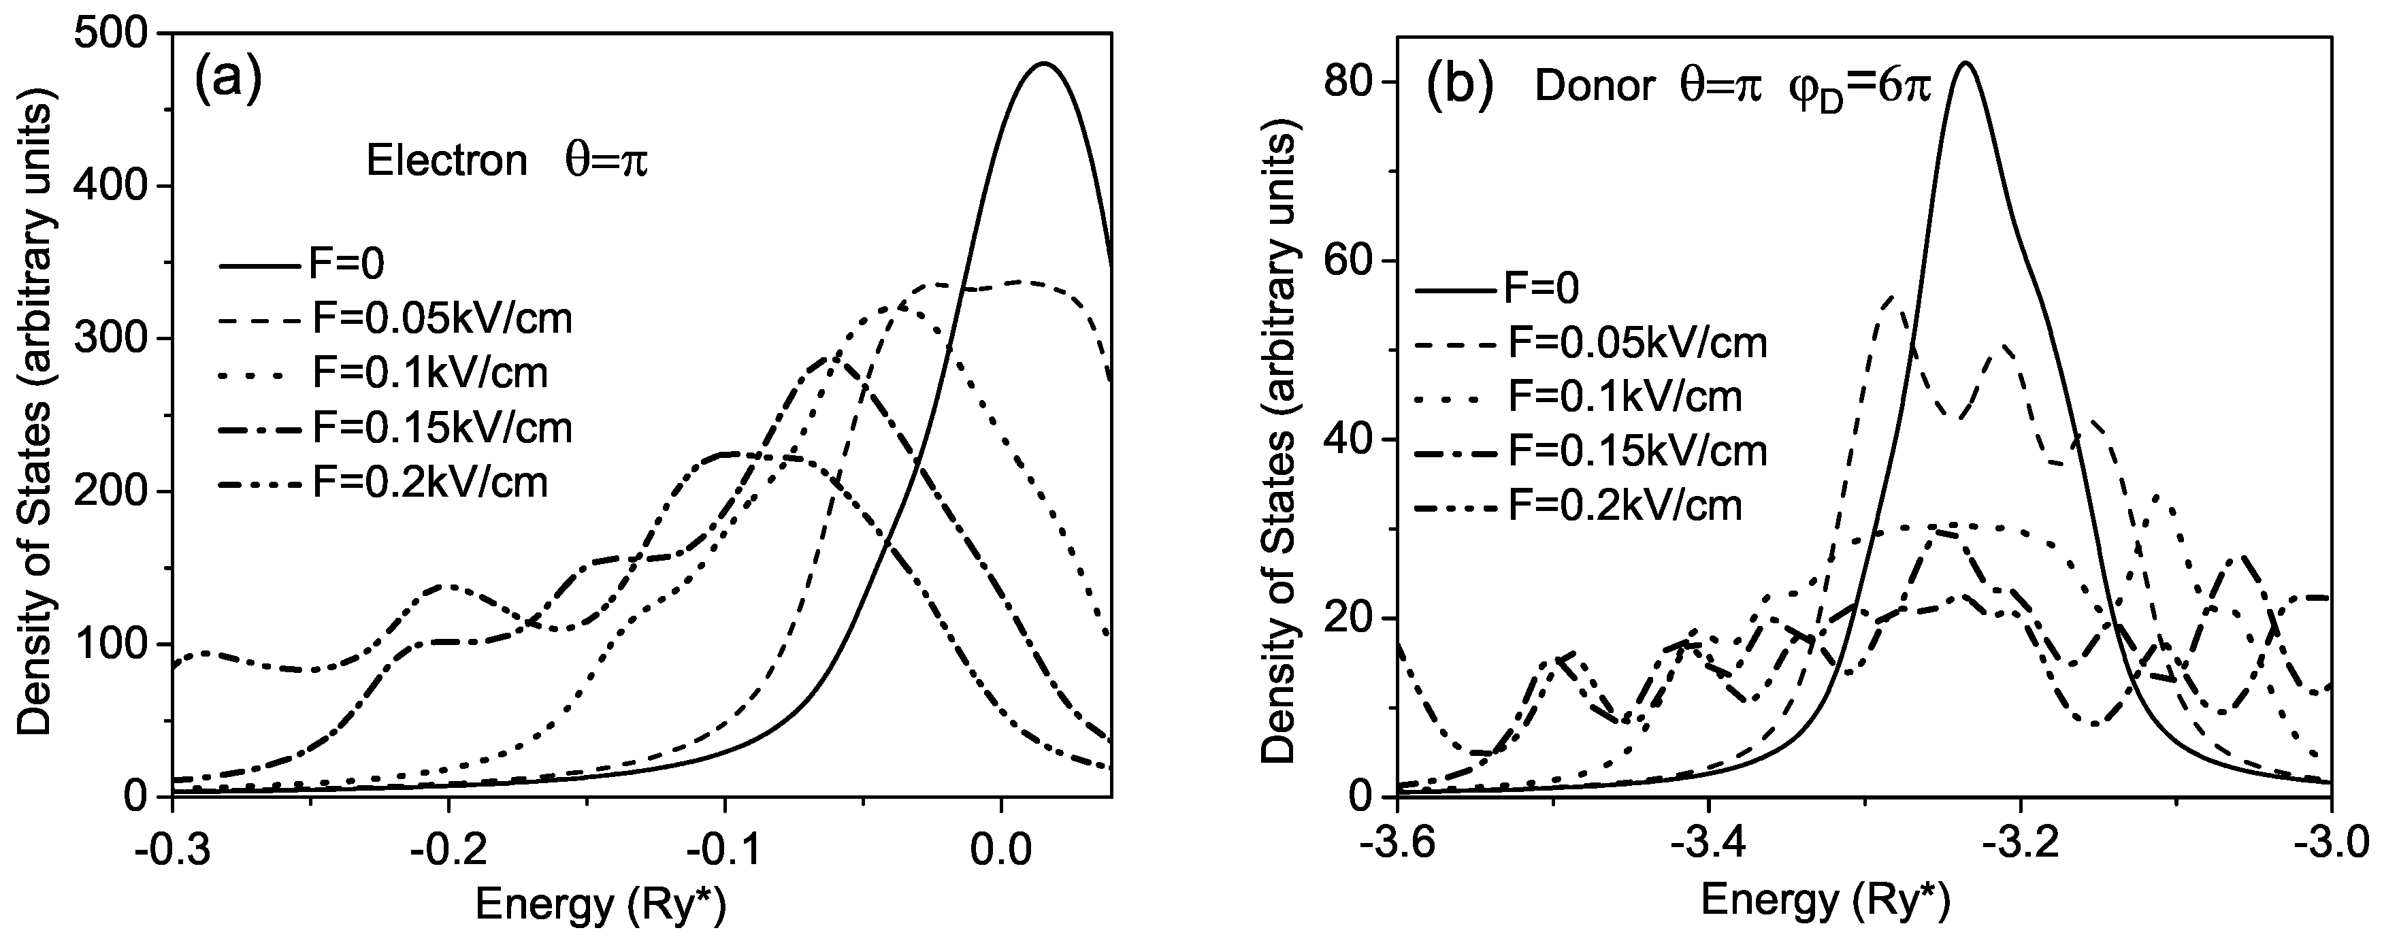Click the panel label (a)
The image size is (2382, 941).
click(x=227, y=80)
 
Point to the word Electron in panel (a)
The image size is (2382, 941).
click(x=446, y=162)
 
